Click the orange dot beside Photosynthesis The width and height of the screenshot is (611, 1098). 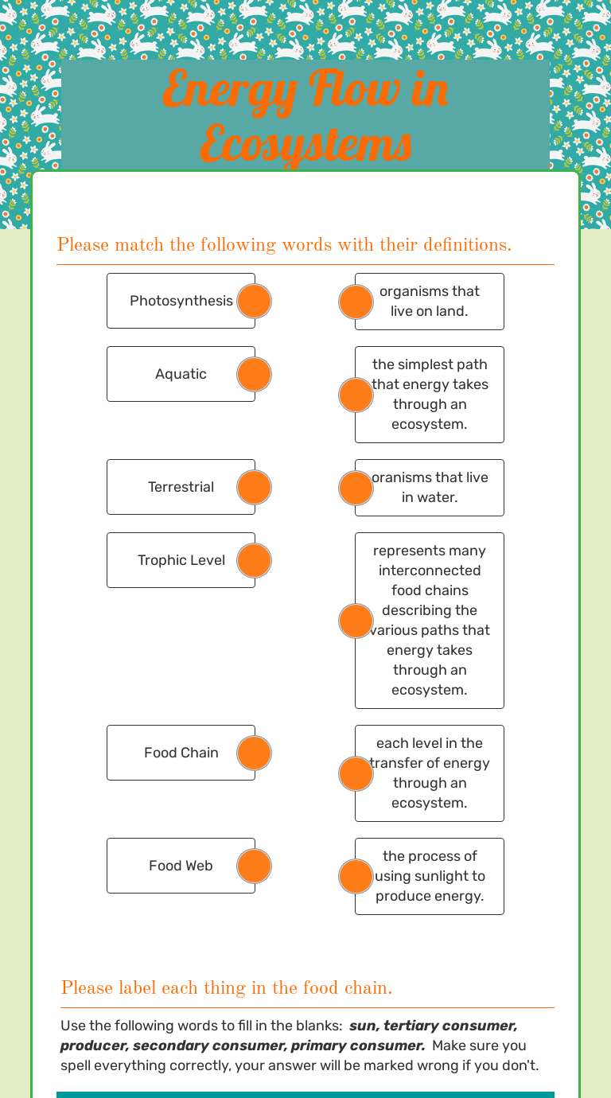tap(255, 302)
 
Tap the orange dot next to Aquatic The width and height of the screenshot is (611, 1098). tap(255, 375)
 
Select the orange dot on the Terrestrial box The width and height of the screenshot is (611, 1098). tap(255, 488)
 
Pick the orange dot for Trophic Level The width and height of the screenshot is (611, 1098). tap(255, 561)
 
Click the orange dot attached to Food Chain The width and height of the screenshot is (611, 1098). tap(255, 753)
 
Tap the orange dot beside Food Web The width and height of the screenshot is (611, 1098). tap(255, 866)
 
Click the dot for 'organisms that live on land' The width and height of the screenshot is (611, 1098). tap(356, 302)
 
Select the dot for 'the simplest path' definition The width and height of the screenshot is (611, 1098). tap(356, 395)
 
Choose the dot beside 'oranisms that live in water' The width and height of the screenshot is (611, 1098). tap(356, 488)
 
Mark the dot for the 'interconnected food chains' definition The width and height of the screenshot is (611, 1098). tap(356, 621)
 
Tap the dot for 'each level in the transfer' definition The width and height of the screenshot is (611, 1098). tap(356, 774)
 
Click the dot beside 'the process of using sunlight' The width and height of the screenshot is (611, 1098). tap(356, 877)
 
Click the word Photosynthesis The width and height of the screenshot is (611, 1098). tap(181, 301)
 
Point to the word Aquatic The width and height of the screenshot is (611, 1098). tap(181, 374)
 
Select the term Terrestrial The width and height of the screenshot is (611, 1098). tap(181, 487)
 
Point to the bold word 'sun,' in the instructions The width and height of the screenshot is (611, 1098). tap(364, 1026)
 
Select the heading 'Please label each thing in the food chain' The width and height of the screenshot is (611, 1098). tap(227, 988)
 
